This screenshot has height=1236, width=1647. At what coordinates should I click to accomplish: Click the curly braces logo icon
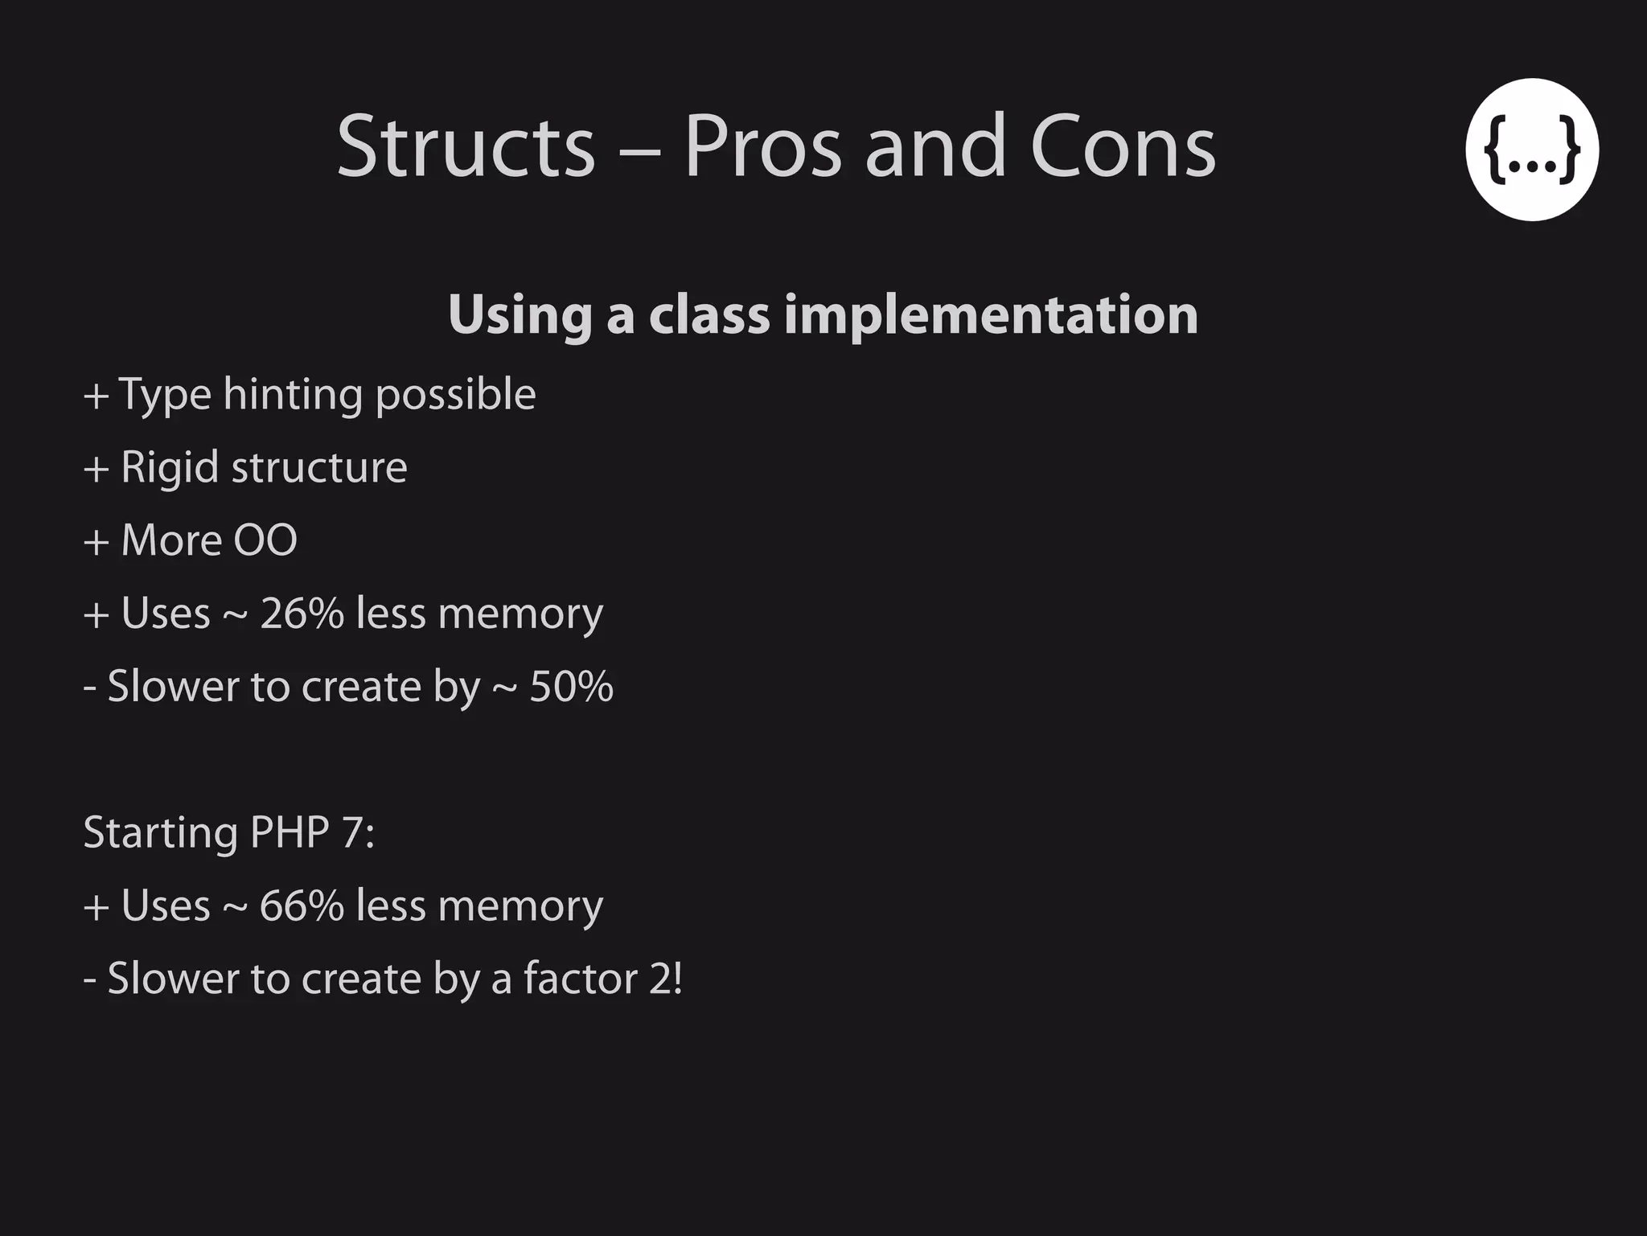(1531, 150)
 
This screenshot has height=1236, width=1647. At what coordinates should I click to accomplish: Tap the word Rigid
(170, 468)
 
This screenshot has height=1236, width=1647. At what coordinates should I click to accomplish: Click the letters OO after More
(265, 540)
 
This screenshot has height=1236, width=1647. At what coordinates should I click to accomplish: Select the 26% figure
(302, 614)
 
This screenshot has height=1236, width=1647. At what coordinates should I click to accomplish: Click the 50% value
(571, 687)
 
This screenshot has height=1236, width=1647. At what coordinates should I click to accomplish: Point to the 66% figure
(302, 905)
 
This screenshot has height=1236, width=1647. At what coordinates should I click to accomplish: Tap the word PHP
(290, 832)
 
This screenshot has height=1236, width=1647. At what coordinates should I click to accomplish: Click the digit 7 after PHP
(352, 832)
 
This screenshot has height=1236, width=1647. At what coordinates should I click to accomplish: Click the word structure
(319, 468)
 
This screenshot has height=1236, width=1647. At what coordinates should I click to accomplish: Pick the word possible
(455, 396)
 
